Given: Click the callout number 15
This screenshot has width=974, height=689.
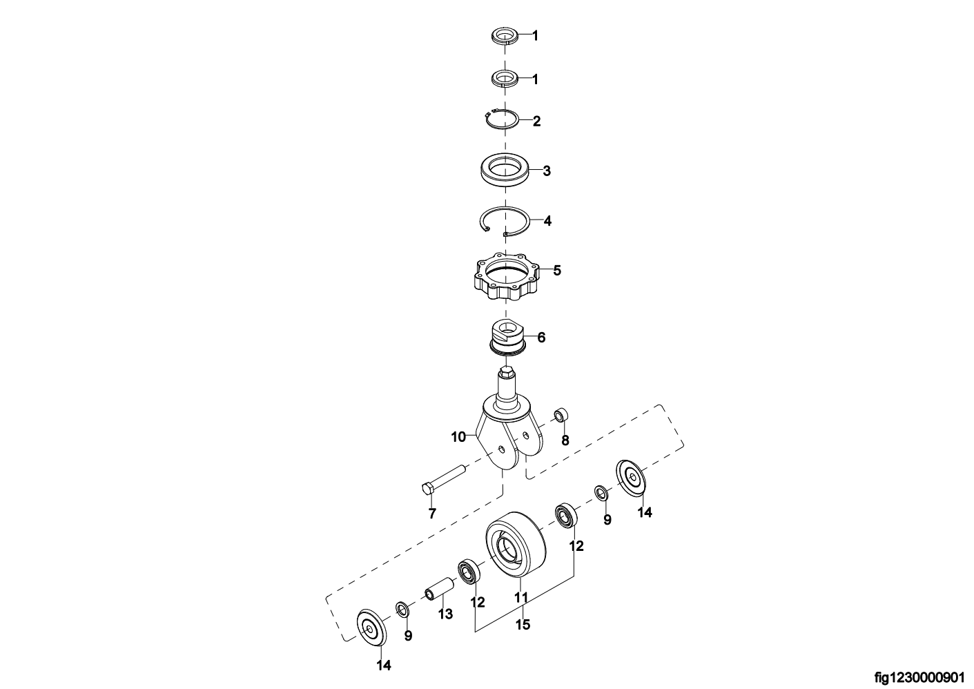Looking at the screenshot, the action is pos(523,625).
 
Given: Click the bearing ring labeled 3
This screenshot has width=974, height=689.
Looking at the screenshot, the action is pos(506,171).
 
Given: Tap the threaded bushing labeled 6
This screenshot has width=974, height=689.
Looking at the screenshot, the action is pos(507,338).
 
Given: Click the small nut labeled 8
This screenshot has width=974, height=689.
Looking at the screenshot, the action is pos(561,414).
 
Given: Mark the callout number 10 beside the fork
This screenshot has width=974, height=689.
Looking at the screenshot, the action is pos(458,437).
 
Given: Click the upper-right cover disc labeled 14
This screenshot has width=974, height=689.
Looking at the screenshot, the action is pos(632,477).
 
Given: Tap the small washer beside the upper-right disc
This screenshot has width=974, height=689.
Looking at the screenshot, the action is pos(602,493).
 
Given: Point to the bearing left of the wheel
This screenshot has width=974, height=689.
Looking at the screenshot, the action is pos(469,572).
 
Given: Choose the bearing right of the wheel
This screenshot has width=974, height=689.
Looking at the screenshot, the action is pos(566,516).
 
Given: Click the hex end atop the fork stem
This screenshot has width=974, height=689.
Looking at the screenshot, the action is pos(506,372).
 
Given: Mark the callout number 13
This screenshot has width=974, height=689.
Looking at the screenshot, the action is pos(445,614).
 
